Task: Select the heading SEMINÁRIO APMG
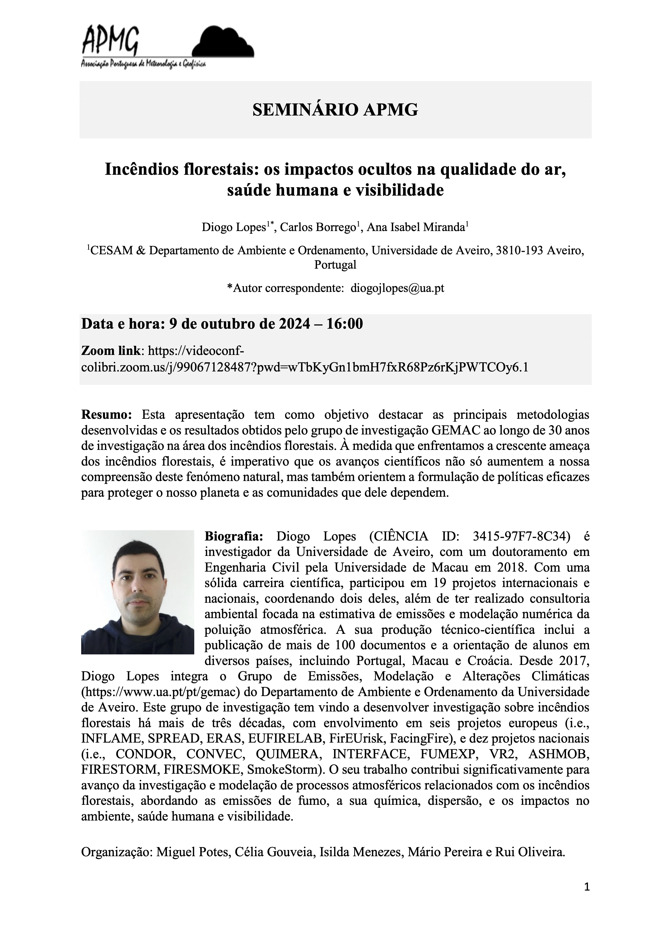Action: tap(335, 110)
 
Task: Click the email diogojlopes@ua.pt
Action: tap(397, 288)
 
